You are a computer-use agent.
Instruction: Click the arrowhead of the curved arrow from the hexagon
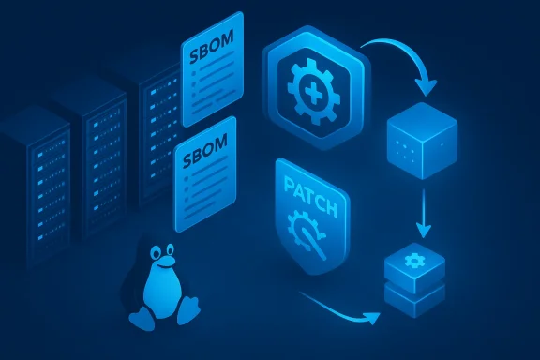pos(427,90)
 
